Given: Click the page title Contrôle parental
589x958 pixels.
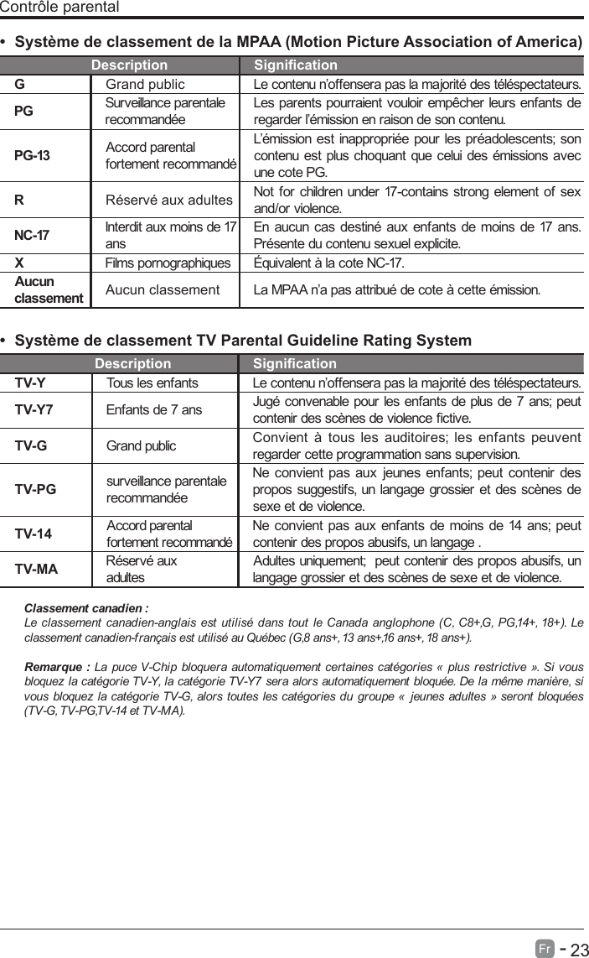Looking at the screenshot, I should [59, 8].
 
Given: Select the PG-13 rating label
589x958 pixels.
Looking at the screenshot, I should [32, 156].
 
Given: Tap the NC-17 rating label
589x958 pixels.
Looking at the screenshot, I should [33, 235].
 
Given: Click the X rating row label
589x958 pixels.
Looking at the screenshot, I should [19, 263].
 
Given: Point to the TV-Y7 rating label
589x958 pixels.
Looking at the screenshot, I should [34, 409].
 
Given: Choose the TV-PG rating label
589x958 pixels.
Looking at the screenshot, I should [35, 489].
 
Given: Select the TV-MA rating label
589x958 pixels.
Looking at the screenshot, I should [36, 570].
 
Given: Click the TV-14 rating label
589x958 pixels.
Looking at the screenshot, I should [34, 534].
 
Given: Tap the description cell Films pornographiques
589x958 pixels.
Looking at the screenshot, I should [168, 263].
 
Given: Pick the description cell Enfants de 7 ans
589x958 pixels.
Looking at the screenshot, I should [154, 409].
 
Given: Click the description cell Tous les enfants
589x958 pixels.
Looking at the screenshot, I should [152, 383].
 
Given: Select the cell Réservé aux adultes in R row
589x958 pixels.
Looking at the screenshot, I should [168, 200].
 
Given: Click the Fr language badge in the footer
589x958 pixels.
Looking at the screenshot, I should [545, 948].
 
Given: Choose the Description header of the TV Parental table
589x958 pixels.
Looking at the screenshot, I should [132, 364].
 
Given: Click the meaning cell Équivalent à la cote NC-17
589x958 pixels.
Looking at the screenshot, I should [329, 263].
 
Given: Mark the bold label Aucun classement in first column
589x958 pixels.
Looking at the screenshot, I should [49, 289].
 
